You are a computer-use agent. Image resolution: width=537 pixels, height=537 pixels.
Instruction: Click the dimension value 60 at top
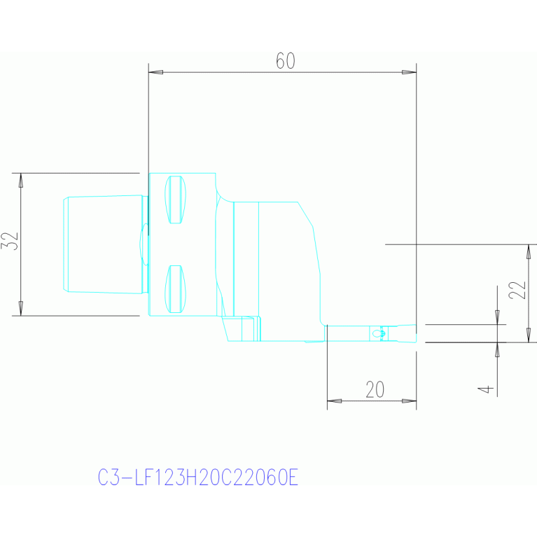(285, 61)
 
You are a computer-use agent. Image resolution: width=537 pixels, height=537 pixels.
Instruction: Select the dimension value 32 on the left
(10, 241)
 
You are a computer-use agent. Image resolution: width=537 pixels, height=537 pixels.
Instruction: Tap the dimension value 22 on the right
(517, 291)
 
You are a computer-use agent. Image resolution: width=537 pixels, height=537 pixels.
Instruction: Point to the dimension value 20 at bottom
(375, 389)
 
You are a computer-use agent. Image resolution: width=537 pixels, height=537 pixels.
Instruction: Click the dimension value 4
(486, 389)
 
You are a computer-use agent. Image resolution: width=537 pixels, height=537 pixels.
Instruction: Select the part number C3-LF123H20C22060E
(198, 477)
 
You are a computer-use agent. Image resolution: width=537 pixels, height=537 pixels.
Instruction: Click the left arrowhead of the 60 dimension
(156, 72)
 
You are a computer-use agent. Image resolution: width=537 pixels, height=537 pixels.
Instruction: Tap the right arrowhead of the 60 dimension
(409, 72)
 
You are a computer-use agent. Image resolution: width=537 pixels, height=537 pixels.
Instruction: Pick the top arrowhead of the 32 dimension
(21, 181)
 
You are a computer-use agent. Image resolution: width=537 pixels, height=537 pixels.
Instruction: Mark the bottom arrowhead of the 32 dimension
(21, 308)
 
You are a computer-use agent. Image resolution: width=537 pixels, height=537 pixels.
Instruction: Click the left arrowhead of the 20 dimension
(334, 400)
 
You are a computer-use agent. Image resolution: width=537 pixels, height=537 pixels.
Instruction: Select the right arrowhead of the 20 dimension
(409, 400)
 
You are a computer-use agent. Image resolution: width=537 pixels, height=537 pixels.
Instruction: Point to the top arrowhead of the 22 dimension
(529, 252)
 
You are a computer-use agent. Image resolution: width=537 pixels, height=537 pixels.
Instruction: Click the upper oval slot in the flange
(175, 200)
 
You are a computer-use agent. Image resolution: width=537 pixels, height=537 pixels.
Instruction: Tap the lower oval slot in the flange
(175, 289)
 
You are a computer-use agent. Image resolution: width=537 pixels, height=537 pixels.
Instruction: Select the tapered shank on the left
(103, 244)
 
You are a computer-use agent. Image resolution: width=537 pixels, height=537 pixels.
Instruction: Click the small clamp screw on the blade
(379, 333)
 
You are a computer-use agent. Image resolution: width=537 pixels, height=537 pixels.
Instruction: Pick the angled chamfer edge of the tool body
(305, 214)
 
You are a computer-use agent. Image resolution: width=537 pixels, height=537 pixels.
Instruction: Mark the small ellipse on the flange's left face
(144, 244)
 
